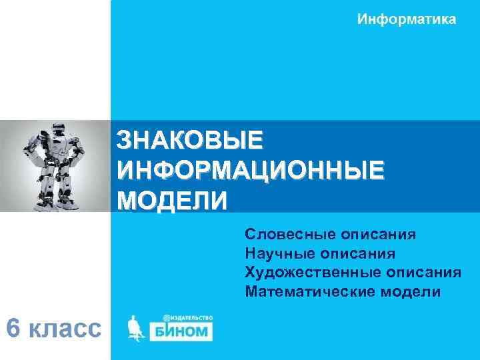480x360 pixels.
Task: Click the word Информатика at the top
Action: (x=407, y=19)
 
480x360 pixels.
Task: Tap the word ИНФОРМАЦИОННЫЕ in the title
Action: (x=251, y=169)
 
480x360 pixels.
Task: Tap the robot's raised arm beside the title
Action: (x=79, y=144)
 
